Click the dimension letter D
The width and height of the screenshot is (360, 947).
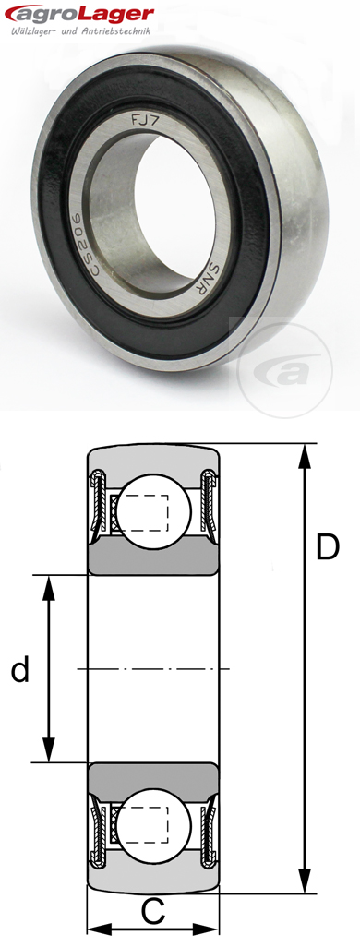coord(328,547)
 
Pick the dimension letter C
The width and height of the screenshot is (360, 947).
coord(154,912)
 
